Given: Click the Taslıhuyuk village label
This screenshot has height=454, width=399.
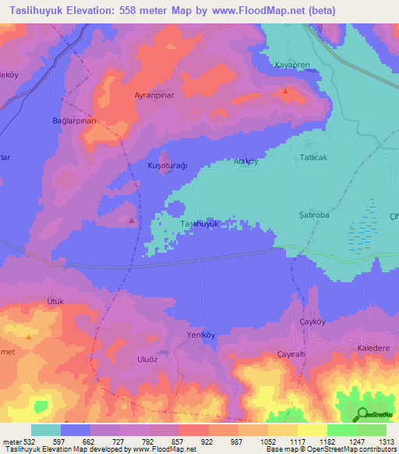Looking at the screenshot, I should coord(203,224).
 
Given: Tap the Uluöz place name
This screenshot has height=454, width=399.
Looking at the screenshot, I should coord(147,358).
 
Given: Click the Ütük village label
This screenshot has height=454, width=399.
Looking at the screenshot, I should coord(55,301).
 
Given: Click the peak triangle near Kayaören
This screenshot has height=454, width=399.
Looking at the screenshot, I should coord(286,91).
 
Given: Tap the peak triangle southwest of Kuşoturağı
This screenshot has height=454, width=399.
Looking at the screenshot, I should coord(131,221).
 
